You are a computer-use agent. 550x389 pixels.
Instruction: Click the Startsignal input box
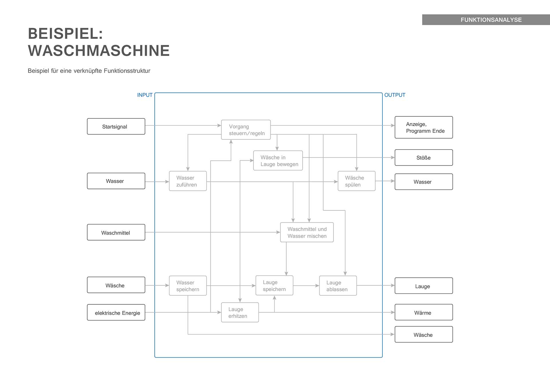[x=116, y=126]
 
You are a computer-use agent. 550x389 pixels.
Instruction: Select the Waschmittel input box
[x=116, y=232]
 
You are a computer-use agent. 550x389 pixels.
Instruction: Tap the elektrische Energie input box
[x=116, y=313]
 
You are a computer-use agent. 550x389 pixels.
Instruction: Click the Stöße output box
[x=424, y=158]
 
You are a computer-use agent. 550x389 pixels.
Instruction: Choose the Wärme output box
[x=424, y=312]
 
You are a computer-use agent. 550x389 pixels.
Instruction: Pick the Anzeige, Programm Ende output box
[x=424, y=127]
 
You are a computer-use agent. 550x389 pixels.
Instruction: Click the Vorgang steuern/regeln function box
[x=246, y=130]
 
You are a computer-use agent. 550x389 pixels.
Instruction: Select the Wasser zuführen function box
[x=188, y=181]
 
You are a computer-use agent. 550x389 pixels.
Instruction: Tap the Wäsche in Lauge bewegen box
[x=278, y=160]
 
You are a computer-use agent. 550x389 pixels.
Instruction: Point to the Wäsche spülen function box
[x=356, y=181]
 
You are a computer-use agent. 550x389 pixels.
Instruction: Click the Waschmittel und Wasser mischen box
[x=307, y=232]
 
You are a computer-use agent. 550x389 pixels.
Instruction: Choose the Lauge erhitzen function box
[x=240, y=312]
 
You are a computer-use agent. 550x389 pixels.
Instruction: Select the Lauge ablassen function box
[x=338, y=286]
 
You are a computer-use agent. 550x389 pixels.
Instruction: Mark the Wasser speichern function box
[x=188, y=286]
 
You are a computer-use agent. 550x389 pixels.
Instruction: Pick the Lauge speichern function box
[x=274, y=285]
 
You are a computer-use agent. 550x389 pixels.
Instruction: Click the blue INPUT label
[x=145, y=95]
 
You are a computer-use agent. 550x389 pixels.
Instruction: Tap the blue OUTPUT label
[x=394, y=95]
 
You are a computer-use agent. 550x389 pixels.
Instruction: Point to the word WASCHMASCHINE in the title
[x=99, y=51]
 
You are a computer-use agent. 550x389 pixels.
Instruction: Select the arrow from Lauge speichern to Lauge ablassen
[x=306, y=286]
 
